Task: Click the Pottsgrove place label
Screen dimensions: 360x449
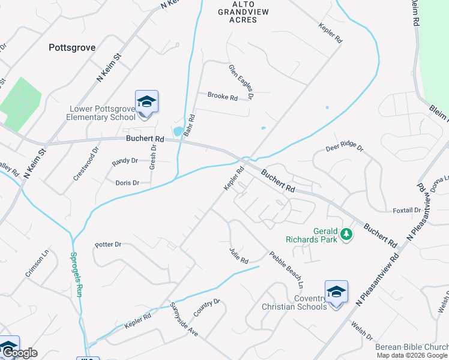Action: coord(73,46)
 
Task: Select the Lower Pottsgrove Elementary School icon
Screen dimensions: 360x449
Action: coord(146,101)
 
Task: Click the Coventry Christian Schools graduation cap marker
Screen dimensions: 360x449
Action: coord(336,293)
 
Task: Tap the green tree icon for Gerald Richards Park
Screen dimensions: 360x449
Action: coord(346,234)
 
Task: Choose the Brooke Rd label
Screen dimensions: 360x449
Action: coord(223,96)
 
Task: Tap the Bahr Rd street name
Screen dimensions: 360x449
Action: coord(190,125)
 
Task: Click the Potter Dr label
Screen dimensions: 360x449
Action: coord(108,245)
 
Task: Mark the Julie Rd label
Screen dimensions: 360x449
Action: coord(238,255)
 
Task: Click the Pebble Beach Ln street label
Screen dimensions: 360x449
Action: coord(286,269)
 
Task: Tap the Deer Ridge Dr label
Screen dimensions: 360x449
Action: coord(345,146)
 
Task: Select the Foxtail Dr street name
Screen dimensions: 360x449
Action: coord(406,210)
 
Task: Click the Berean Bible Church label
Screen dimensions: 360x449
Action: coord(411,347)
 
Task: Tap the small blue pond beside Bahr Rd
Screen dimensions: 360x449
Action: coord(178,131)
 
